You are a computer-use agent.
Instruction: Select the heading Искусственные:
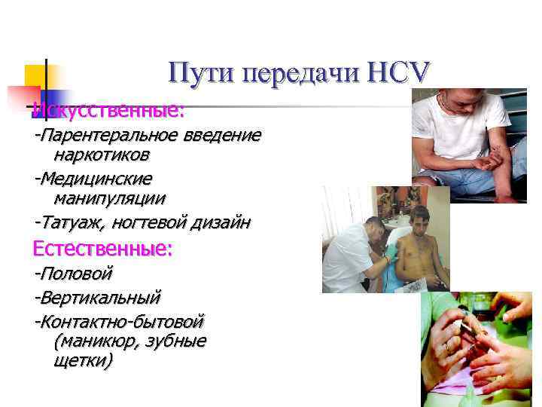pos(108,110)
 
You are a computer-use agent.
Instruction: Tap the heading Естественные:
pos(102,248)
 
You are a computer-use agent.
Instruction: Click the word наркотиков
pos(101,155)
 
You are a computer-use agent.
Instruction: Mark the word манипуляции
pos(110,198)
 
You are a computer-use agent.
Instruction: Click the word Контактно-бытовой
pos(121,322)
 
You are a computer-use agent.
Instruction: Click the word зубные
pos(178,341)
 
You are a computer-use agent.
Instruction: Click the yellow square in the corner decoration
pos(37,75)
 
